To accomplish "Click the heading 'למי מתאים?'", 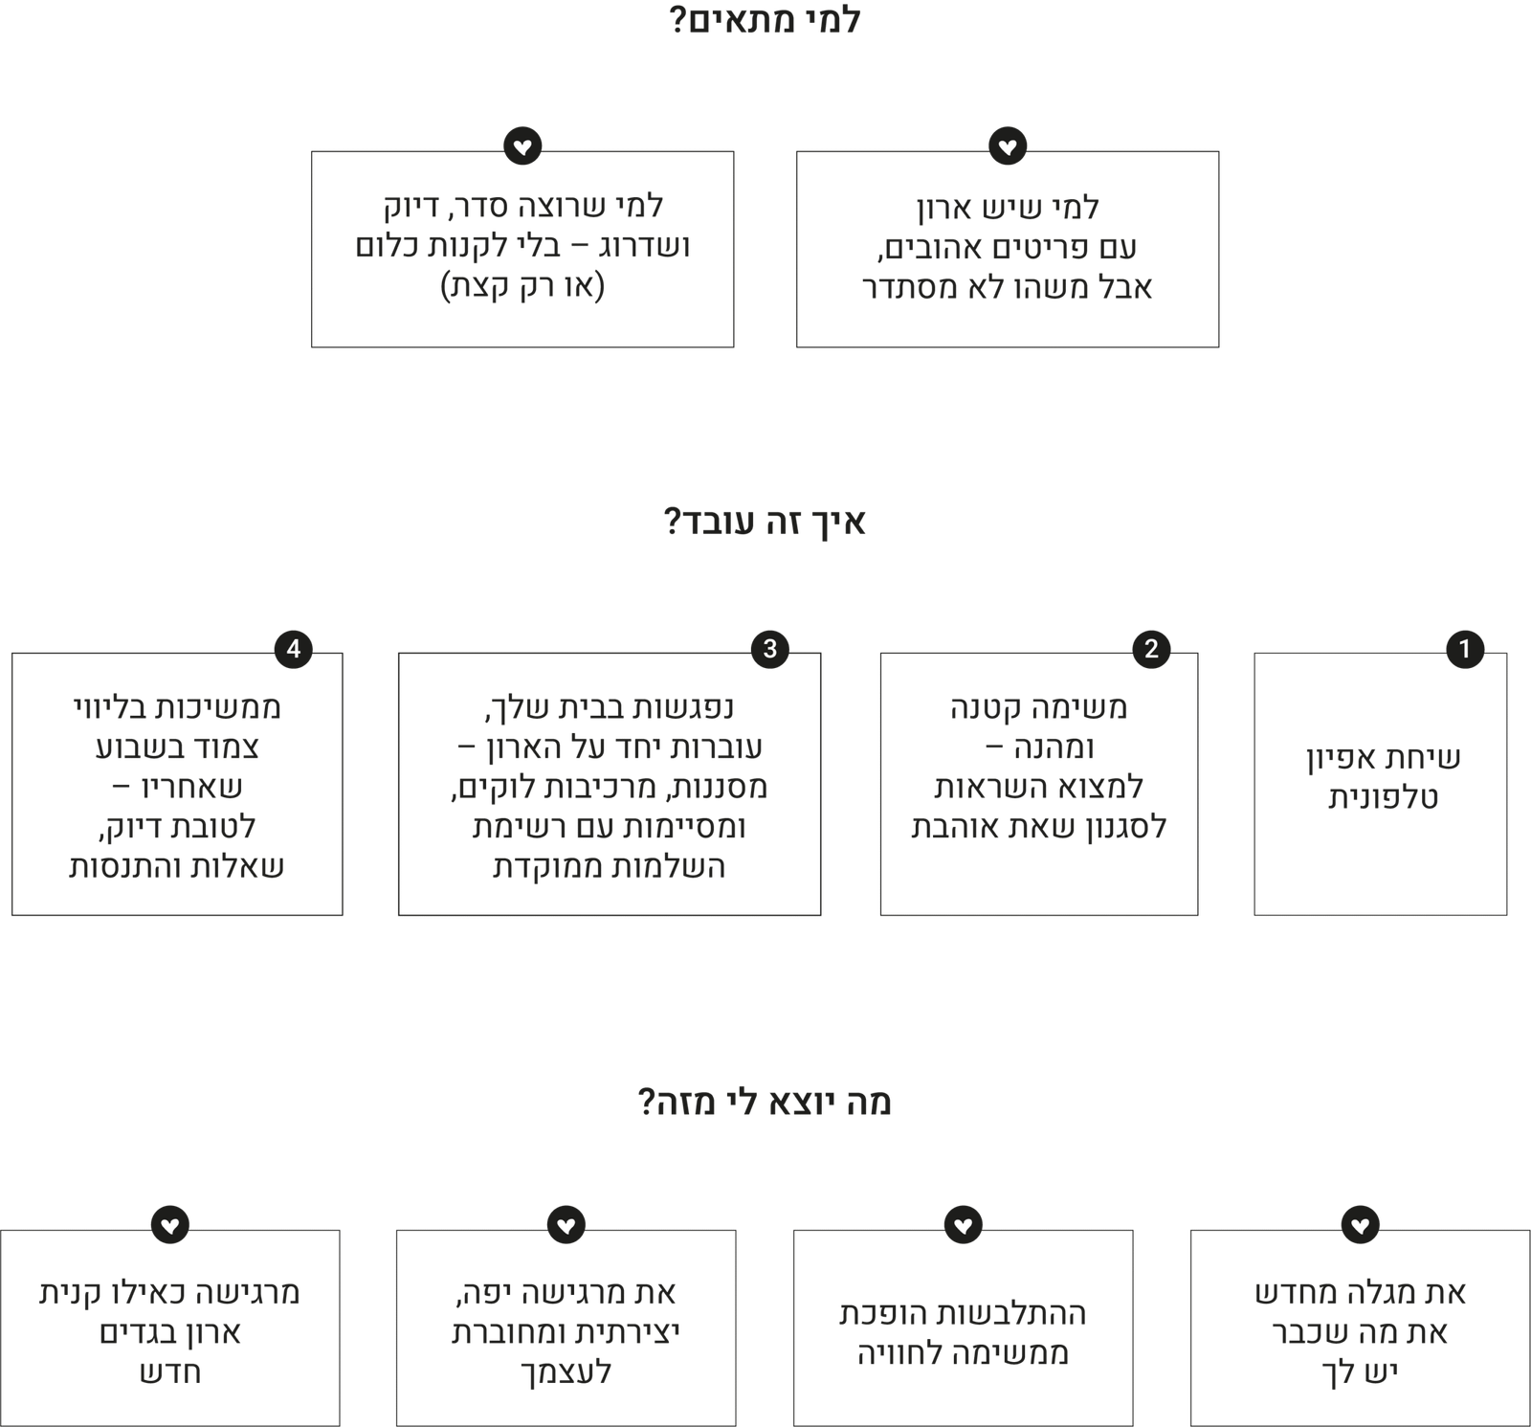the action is pos(765,20).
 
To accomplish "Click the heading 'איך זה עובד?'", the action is pos(765,523).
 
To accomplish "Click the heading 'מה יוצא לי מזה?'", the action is pos(765,1103).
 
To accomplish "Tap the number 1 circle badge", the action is pos(1464,649).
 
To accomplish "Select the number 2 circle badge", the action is pos(1151,649).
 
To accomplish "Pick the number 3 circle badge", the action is pos(770,649).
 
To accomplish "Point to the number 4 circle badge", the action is pos(294,649).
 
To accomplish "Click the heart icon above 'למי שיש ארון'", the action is pos(1008,146).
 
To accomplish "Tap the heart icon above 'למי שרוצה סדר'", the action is pos(522,146).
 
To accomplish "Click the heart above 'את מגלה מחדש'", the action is pos(1360,1224).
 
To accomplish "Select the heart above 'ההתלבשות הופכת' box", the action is pos(964,1224).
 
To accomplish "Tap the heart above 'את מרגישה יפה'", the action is pos(566,1224).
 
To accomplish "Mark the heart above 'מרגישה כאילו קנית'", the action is pos(170,1224).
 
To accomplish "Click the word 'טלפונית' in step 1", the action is pos(1383,798).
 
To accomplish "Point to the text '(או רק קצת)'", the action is pos(522,286).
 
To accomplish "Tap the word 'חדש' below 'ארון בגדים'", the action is pos(170,1372).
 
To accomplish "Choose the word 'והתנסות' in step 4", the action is pos(124,867).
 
